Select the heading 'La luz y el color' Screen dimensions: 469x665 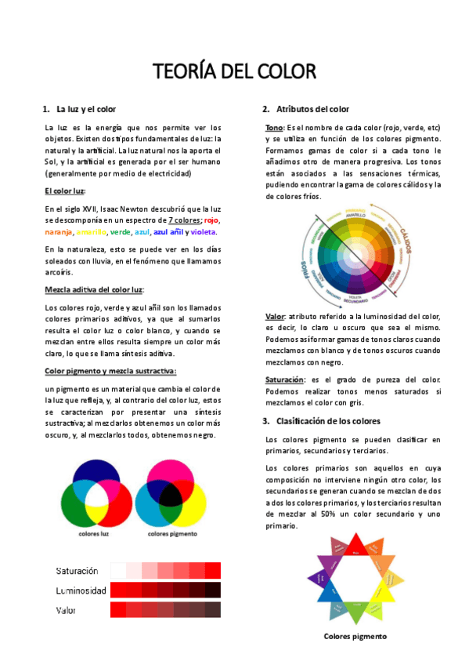(x=86, y=109)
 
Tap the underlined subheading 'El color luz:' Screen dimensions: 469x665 (x=65, y=191)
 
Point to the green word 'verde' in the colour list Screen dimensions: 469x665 (x=120, y=232)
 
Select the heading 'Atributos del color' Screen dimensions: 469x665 (x=312, y=109)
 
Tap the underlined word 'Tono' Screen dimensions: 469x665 (x=274, y=128)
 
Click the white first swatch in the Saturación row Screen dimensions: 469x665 (x=118, y=570)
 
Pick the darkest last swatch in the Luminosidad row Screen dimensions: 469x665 (x=213, y=590)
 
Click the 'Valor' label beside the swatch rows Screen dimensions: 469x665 (x=66, y=609)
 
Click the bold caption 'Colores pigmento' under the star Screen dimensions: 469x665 (x=355, y=636)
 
